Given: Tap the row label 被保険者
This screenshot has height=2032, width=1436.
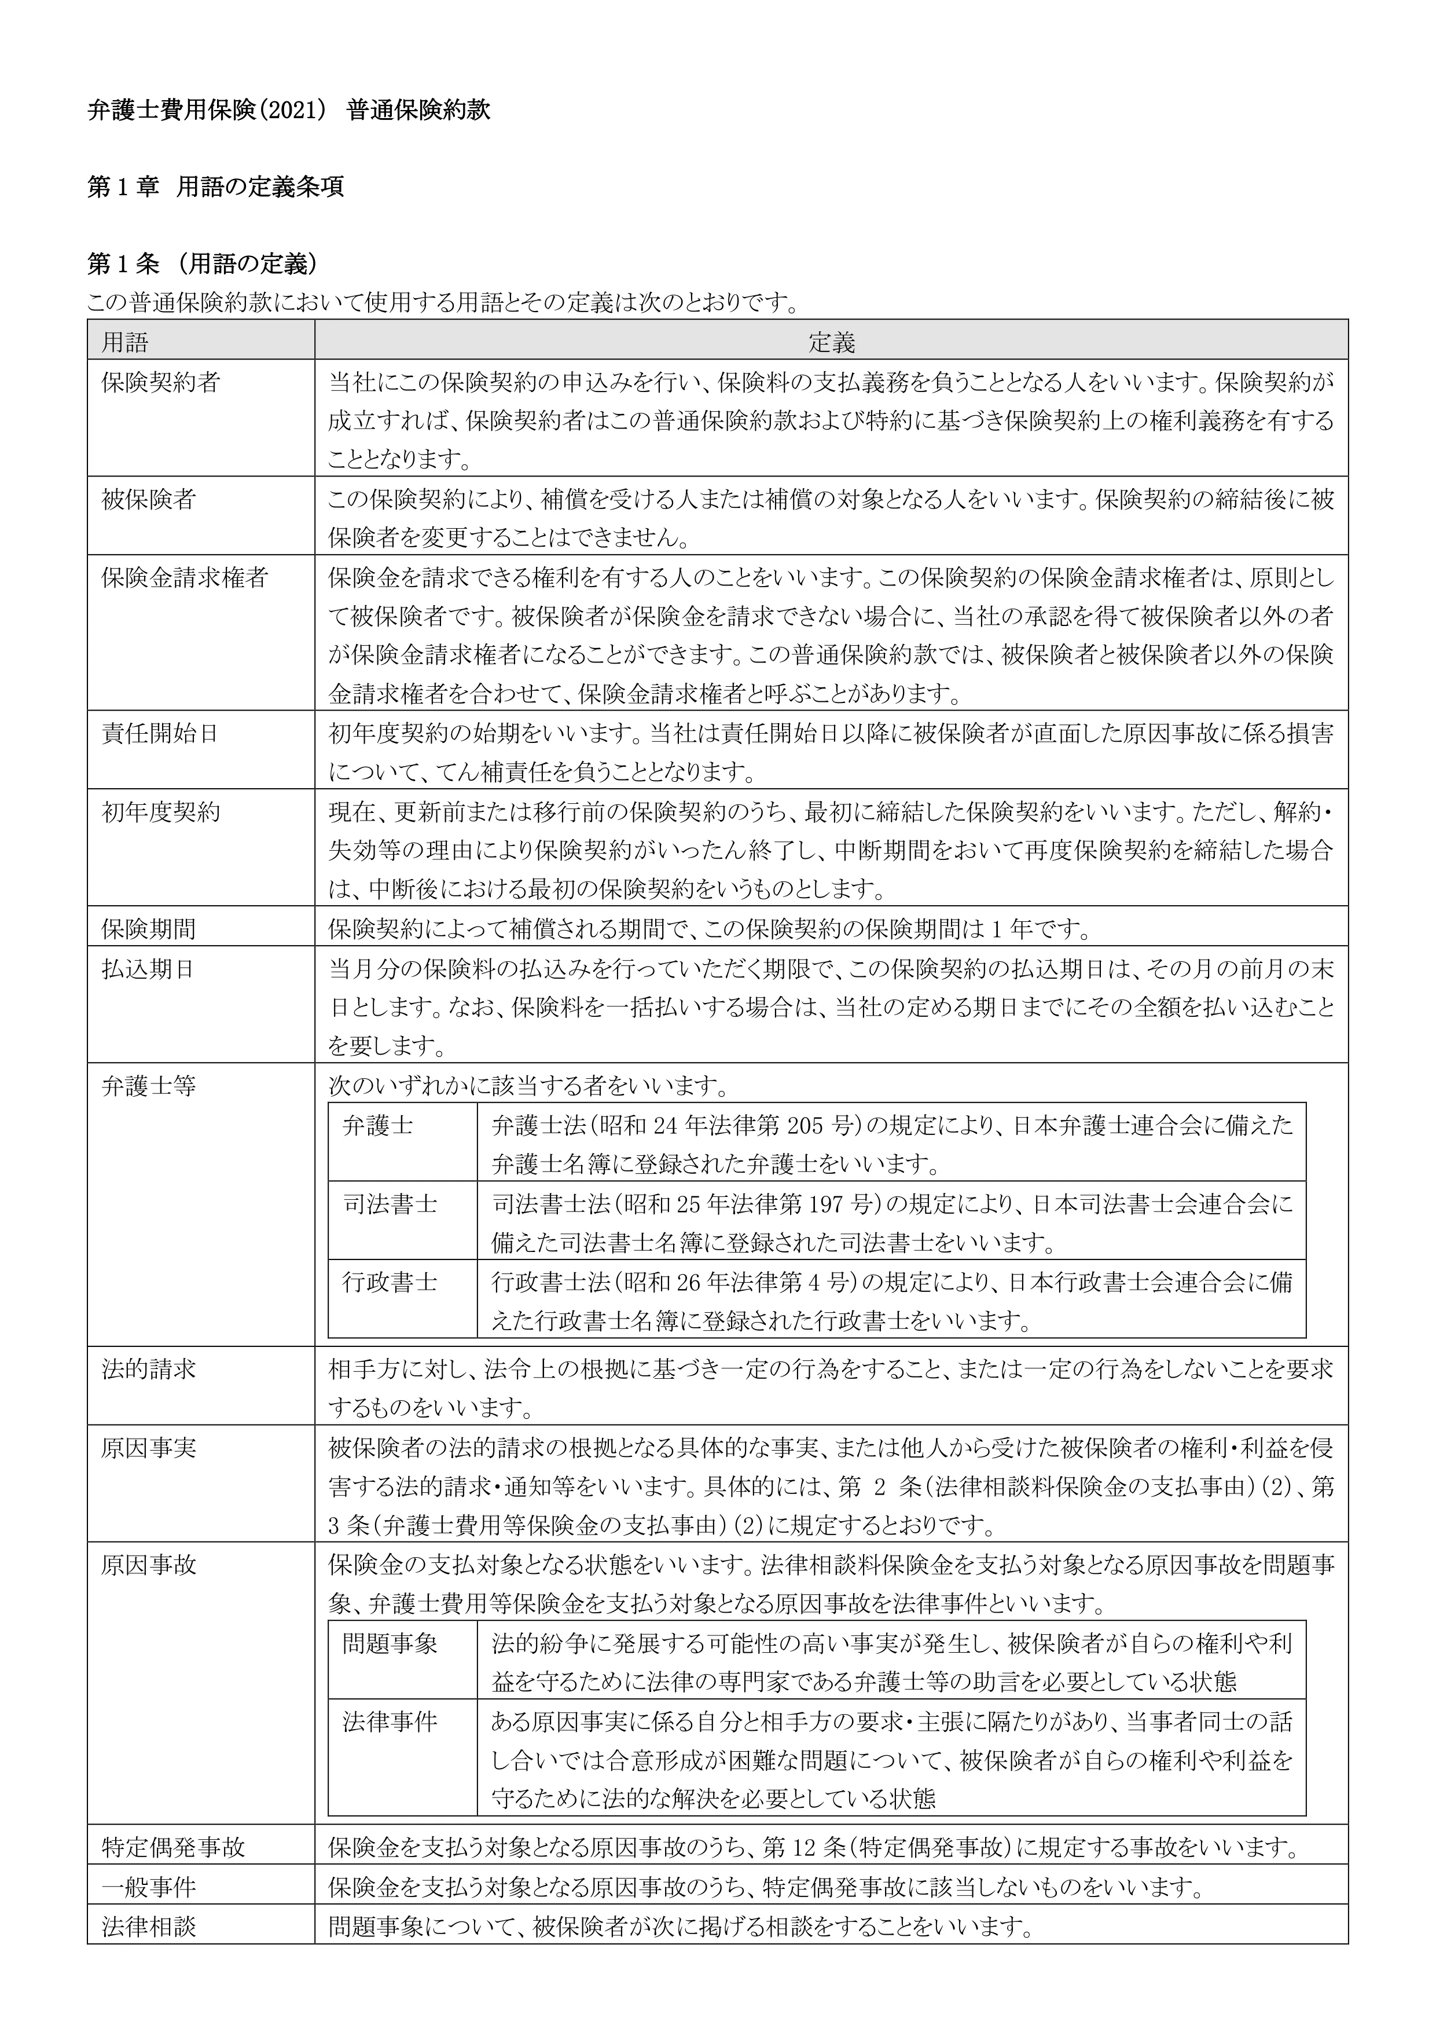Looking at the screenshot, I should coord(149,499).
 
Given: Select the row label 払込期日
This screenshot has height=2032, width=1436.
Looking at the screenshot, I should coord(149,968).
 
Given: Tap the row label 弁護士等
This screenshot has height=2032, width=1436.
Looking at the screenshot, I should coord(149,1085).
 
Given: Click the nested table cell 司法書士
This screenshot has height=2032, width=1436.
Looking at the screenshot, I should coord(390,1204).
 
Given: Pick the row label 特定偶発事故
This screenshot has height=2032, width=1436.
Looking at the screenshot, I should coord(172,1847).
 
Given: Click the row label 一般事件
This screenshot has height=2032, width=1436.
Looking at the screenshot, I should coord(149,1888).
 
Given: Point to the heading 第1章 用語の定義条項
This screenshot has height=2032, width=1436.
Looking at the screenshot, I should coord(216,188).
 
